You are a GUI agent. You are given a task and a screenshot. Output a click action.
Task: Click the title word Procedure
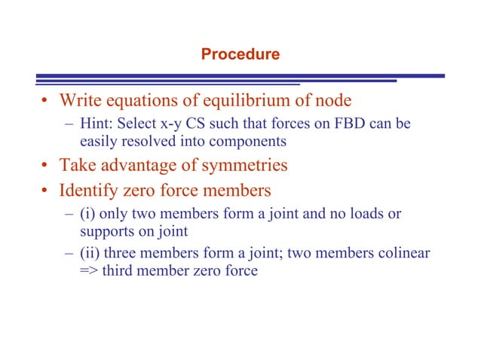[x=240, y=54]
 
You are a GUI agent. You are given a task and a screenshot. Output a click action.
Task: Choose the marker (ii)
[x=90, y=254]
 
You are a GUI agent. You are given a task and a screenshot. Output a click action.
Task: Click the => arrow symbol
[x=89, y=271]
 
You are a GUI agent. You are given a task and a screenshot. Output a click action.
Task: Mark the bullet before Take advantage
[x=46, y=164]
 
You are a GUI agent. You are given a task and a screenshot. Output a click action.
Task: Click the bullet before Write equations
[x=46, y=101]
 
